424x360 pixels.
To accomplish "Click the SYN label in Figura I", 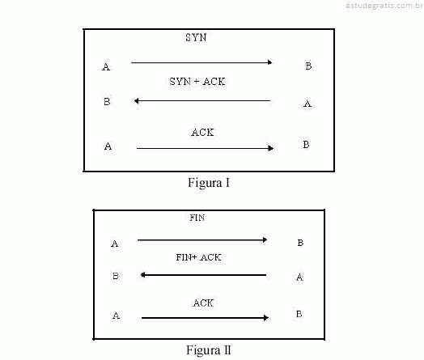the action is (x=196, y=37).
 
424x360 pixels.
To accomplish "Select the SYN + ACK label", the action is (x=197, y=82).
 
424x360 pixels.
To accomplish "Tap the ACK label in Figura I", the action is (x=202, y=133).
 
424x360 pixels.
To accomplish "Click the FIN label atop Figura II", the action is (x=197, y=218).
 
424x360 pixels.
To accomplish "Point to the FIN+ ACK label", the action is (x=198, y=257).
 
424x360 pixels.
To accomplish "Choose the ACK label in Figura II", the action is (x=203, y=303).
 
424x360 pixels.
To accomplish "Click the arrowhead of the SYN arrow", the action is (x=270, y=62).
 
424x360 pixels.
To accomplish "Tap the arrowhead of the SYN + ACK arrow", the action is (x=137, y=101).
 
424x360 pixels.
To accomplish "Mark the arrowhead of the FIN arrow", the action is (x=265, y=239).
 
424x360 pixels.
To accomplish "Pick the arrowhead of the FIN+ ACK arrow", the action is (x=142, y=275).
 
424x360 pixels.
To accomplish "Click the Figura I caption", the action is (x=209, y=183).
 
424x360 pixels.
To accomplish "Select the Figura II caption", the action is (x=209, y=350).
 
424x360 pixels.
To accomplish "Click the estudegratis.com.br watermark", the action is (x=384, y=6).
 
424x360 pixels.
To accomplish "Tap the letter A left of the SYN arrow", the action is (x=106, y=67).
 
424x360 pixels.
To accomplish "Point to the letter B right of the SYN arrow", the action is (x=308, y=66).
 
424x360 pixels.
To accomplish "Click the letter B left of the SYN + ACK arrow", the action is (x=107, y=101).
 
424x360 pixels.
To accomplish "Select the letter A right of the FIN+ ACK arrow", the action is (x=299, y=277).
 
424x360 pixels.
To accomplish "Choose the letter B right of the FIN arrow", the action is (x=300, y=243).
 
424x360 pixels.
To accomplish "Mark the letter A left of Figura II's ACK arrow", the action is (x=116, y=316).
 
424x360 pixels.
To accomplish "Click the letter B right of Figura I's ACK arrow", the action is (x=306, y=145).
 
